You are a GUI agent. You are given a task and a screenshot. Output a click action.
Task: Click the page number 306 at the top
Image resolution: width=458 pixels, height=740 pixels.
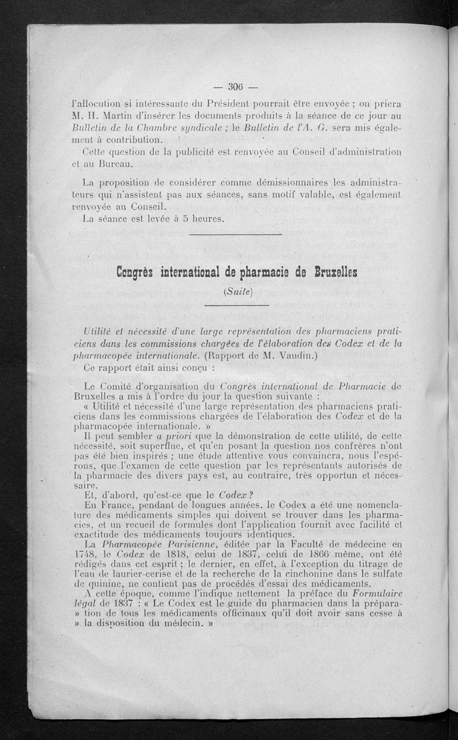coord(235,87)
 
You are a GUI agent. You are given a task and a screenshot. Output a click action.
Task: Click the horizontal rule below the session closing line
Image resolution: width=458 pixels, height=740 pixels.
coord(235,234)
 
